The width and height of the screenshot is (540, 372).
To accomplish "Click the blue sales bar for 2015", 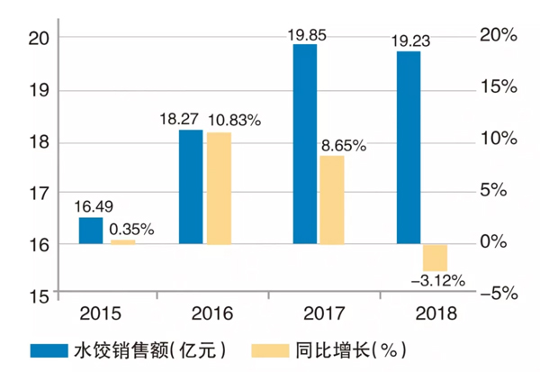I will tap(91, 231).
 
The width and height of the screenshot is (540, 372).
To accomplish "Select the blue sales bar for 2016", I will tap(191, 186).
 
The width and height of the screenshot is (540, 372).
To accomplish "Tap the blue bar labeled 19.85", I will tap(304, 144).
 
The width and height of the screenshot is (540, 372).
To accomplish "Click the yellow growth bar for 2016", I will tap(219, 188).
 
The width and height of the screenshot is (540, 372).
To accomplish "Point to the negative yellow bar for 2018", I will tap(435, 257).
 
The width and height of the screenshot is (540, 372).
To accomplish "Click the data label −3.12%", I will tap(437, 281).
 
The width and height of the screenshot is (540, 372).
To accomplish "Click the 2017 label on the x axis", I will tap(319, 313).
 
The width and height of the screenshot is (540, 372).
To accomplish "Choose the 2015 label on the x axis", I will tap(102, 313).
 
